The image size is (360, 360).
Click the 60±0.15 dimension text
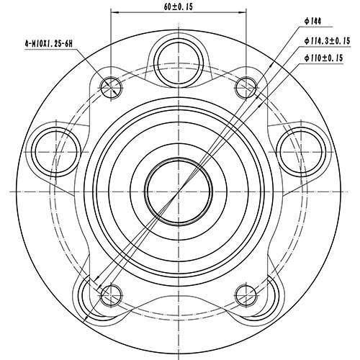point(179,9)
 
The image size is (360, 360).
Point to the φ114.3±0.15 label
point(326,40)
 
